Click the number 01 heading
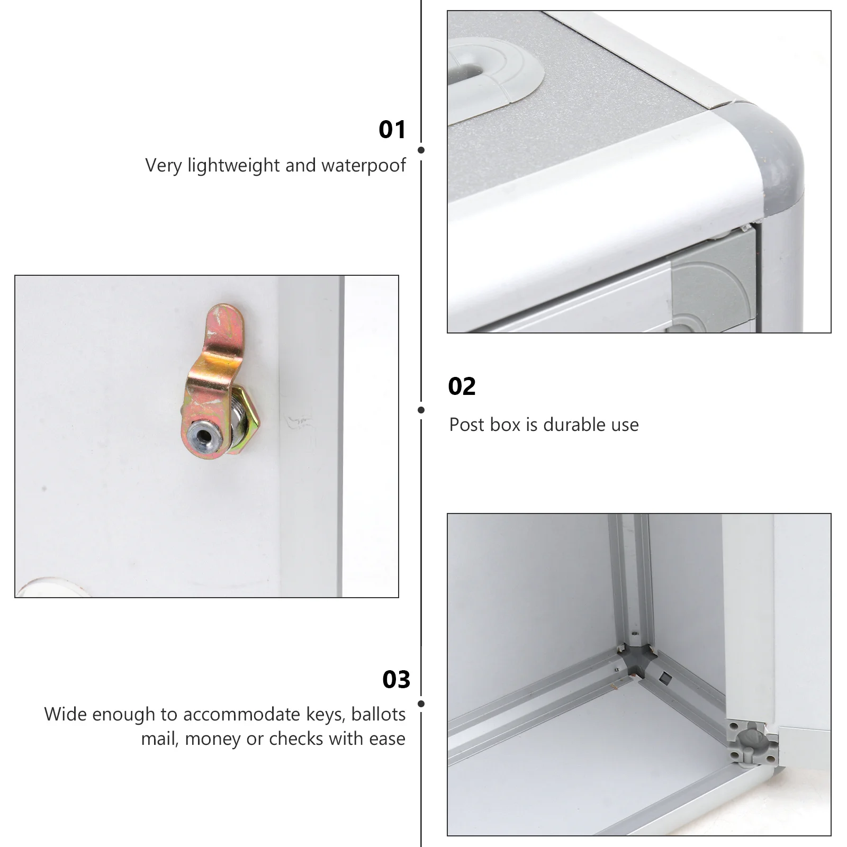pyautogui.click(x=392, y=130)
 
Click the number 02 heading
pyautogui.click(x=462, y=386)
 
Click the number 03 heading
pyautogui.click(x=396, y=680)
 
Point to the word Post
pyautogui.click(x=467, y=425)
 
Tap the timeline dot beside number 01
pyautogui.click(x=421, y=150)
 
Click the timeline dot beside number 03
pyautogui.click(x=421, y=704)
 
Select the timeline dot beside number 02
pyautogui.click(x=421, y=410)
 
